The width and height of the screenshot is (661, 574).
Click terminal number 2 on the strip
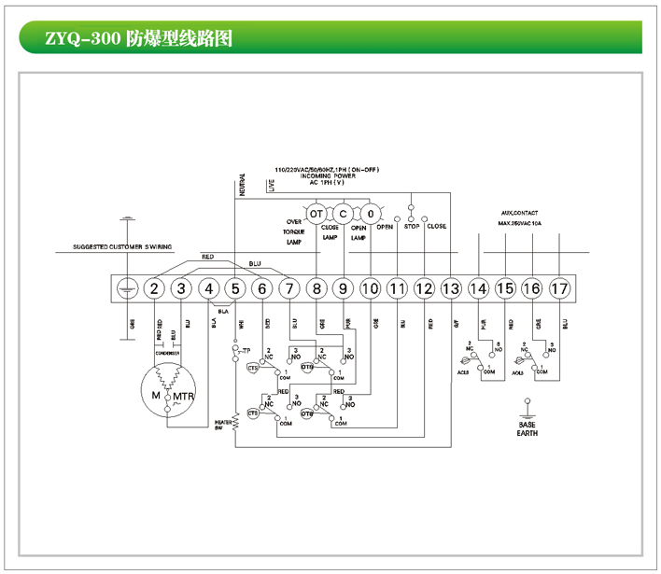(155, 289)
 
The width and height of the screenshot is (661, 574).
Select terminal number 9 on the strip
(344, 289)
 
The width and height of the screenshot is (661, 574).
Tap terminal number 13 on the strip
(451, 289)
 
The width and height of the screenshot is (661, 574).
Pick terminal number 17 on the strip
(559, 289)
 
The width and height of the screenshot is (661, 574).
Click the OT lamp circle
(316, 214)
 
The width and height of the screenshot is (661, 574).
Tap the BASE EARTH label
(527, 427)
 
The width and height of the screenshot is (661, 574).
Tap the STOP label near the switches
(411, 227)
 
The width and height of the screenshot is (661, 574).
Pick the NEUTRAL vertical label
(243, 184)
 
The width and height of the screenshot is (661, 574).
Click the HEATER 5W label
(221, 425)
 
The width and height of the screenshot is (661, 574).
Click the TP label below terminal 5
(246, 350)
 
